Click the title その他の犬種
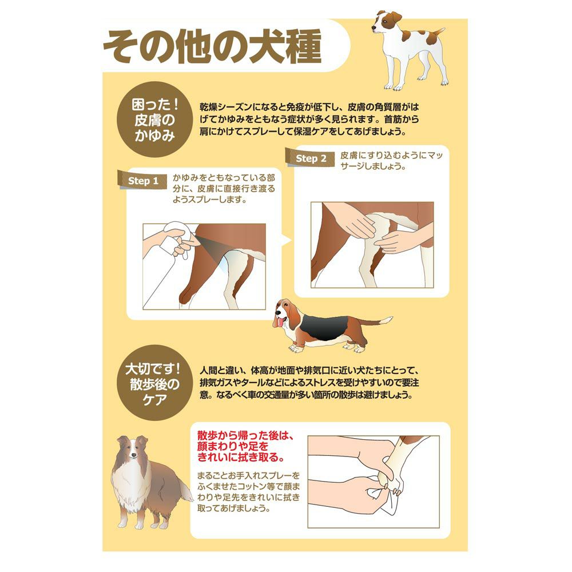tap(212, 47)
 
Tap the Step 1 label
tap(142, 181)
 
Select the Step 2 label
tap(311, 158)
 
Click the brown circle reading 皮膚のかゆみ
tap(155, 120)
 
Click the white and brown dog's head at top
tap(386, 23)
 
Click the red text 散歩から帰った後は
tap(245, 435)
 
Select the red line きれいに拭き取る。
tap(241, 456)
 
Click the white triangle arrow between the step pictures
tap(287, 240)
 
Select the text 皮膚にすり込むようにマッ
tap(391, 156)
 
